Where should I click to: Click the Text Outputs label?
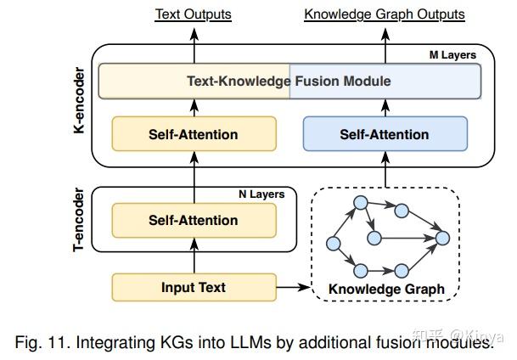194,14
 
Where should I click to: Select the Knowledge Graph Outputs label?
385,14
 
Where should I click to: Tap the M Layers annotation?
452,55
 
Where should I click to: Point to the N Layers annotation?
261,194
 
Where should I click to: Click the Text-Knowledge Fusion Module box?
289,82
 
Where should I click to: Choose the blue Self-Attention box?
385,134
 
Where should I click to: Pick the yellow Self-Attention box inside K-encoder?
194,134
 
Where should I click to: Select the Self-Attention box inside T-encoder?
194,220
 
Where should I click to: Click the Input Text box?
194,287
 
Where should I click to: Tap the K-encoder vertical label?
79,100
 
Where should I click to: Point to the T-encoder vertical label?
78,220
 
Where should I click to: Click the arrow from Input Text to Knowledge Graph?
293,287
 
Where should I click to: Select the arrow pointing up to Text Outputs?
194,46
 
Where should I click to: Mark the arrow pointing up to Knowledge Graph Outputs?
385,46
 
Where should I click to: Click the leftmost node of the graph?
334,244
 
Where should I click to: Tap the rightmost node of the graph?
442,238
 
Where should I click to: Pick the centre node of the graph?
374,238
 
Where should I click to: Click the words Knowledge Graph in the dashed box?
386,290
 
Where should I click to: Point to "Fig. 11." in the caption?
42,342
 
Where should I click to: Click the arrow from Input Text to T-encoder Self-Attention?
194,256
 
